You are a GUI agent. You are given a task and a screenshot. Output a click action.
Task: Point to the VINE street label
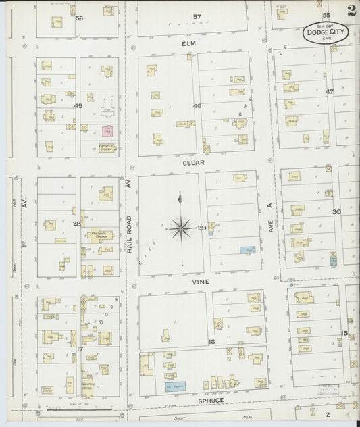coord(200,281)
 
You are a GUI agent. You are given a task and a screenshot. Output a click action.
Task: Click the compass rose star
coord(180,228)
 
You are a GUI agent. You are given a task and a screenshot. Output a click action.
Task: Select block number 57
coord(197,16)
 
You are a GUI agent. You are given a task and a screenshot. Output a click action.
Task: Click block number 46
coord(197,106)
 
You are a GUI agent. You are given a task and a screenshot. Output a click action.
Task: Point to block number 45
coord(78,106)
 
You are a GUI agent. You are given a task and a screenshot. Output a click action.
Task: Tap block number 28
coord(77,223)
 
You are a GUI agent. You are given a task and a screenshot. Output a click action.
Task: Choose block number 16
coord(211,342)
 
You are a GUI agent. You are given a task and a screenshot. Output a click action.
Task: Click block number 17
coord(79,349)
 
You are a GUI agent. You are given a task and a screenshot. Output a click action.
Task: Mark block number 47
coord(330,91)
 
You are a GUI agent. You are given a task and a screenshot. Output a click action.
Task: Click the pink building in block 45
coord(106,130)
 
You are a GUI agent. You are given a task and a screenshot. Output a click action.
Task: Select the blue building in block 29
coord(247,250)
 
